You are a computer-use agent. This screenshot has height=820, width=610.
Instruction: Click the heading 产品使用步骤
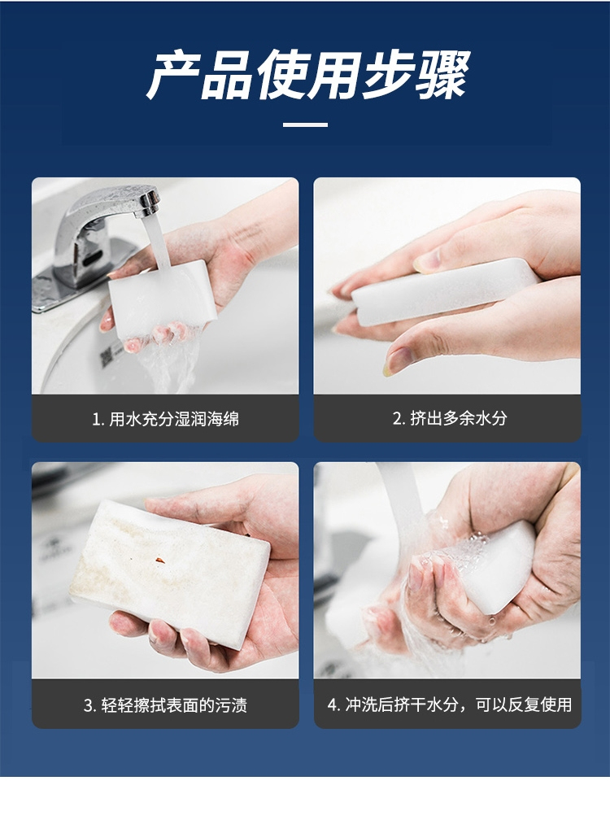308,75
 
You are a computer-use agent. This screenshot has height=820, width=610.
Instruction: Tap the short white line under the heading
305,125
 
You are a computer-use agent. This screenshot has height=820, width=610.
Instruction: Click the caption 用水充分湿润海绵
174,419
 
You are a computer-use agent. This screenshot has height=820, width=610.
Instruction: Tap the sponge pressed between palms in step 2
444,290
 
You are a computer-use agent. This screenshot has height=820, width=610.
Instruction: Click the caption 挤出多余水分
459,418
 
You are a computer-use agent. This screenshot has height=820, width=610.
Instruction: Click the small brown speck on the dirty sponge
160,560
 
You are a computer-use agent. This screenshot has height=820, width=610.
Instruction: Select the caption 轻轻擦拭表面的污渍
174,705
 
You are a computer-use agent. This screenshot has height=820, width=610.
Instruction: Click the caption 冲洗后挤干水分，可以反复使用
459,704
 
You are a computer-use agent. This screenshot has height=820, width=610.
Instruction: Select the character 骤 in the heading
444,75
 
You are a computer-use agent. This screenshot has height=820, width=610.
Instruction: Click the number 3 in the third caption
88,705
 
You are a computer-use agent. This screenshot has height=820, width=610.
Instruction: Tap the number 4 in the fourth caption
332,705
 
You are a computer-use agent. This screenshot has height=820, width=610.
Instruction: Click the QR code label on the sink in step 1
106,356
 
